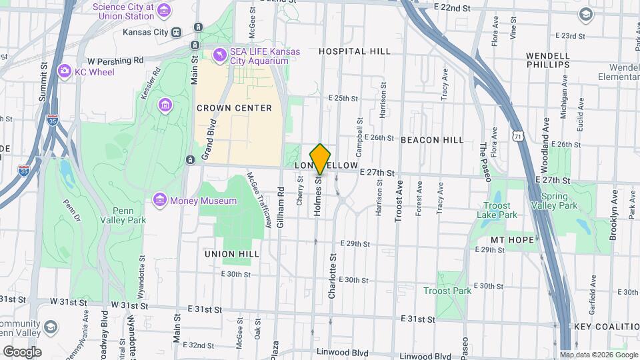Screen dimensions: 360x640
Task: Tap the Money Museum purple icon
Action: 159,200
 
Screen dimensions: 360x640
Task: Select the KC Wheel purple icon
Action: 65,71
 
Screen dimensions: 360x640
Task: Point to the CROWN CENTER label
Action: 234,108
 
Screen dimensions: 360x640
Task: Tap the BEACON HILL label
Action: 432,140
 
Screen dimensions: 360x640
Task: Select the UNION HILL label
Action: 231,254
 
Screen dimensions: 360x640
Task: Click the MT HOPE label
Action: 513,240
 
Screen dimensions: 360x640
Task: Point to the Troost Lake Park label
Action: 497,211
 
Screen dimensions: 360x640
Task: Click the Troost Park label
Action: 447,291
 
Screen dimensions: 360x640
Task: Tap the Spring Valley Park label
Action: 559,201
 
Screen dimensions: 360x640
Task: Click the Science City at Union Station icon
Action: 165,11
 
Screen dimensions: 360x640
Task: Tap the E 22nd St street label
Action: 452,7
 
